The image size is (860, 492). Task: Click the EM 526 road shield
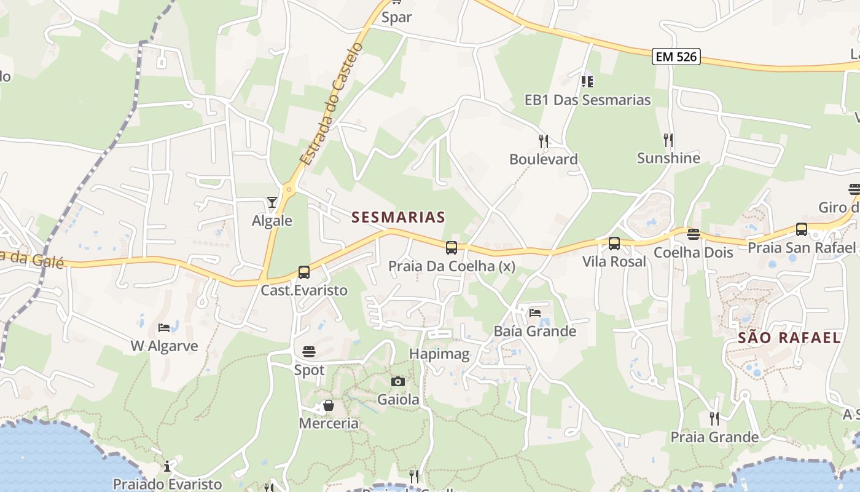[676, 57]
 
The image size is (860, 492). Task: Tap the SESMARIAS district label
[398, 217]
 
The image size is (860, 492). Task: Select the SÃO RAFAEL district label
[789, 338]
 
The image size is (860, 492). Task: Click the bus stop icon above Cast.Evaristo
[303, 272]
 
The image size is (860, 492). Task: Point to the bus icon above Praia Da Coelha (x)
[451, 248]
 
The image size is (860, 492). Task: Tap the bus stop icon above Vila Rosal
[614, 244]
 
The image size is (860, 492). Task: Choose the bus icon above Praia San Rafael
[802, 229]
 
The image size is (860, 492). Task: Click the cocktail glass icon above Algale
[272, 202]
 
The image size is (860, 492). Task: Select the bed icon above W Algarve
[163, 328]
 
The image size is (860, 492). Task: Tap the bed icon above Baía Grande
[535, 313]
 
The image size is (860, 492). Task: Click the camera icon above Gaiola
[398, 381]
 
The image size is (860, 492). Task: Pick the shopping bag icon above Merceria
[329, 405]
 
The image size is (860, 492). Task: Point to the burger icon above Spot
[309, 352]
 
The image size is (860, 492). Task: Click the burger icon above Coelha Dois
[694, 234]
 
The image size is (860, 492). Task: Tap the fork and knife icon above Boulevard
[544, 141]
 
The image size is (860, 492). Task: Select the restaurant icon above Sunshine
[668, 140]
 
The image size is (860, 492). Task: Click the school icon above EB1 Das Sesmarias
[587, 81]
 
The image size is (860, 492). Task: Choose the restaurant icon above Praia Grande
[714, 419]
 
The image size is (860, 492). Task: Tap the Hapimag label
[439, 354]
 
